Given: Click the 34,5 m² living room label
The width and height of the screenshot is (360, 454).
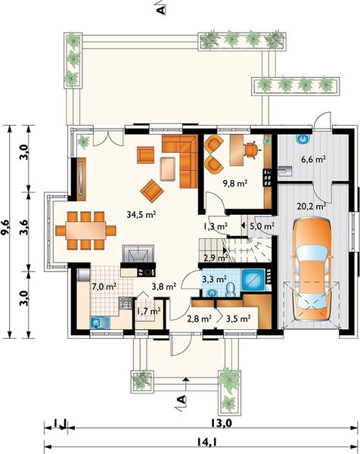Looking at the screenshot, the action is point(141,215).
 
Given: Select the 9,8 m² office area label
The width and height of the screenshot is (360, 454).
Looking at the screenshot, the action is point(235,183).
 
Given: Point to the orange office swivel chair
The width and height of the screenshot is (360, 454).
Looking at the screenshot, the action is point(251,150).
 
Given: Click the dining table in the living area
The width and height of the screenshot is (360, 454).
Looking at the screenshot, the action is point(85,231).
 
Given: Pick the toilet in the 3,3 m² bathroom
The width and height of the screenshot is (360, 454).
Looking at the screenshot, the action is point(231,290).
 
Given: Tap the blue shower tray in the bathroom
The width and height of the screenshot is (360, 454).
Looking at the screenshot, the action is point(253,280).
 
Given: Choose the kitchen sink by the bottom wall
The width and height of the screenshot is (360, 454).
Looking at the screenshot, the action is point(100,322).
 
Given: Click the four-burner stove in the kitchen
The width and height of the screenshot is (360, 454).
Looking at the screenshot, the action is point(126,303).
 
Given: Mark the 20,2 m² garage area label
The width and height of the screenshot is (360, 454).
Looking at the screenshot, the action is point(312,207).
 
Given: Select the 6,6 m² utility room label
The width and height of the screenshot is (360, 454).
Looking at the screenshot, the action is point(314,159).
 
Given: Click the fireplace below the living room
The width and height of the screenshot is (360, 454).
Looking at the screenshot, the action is point(138,253).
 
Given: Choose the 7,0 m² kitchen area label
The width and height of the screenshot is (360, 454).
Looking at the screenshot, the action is point(104,287).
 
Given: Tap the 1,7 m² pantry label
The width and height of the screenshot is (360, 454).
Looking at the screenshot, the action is point(148,312).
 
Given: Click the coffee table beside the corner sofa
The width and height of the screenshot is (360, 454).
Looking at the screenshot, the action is point(168,169).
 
